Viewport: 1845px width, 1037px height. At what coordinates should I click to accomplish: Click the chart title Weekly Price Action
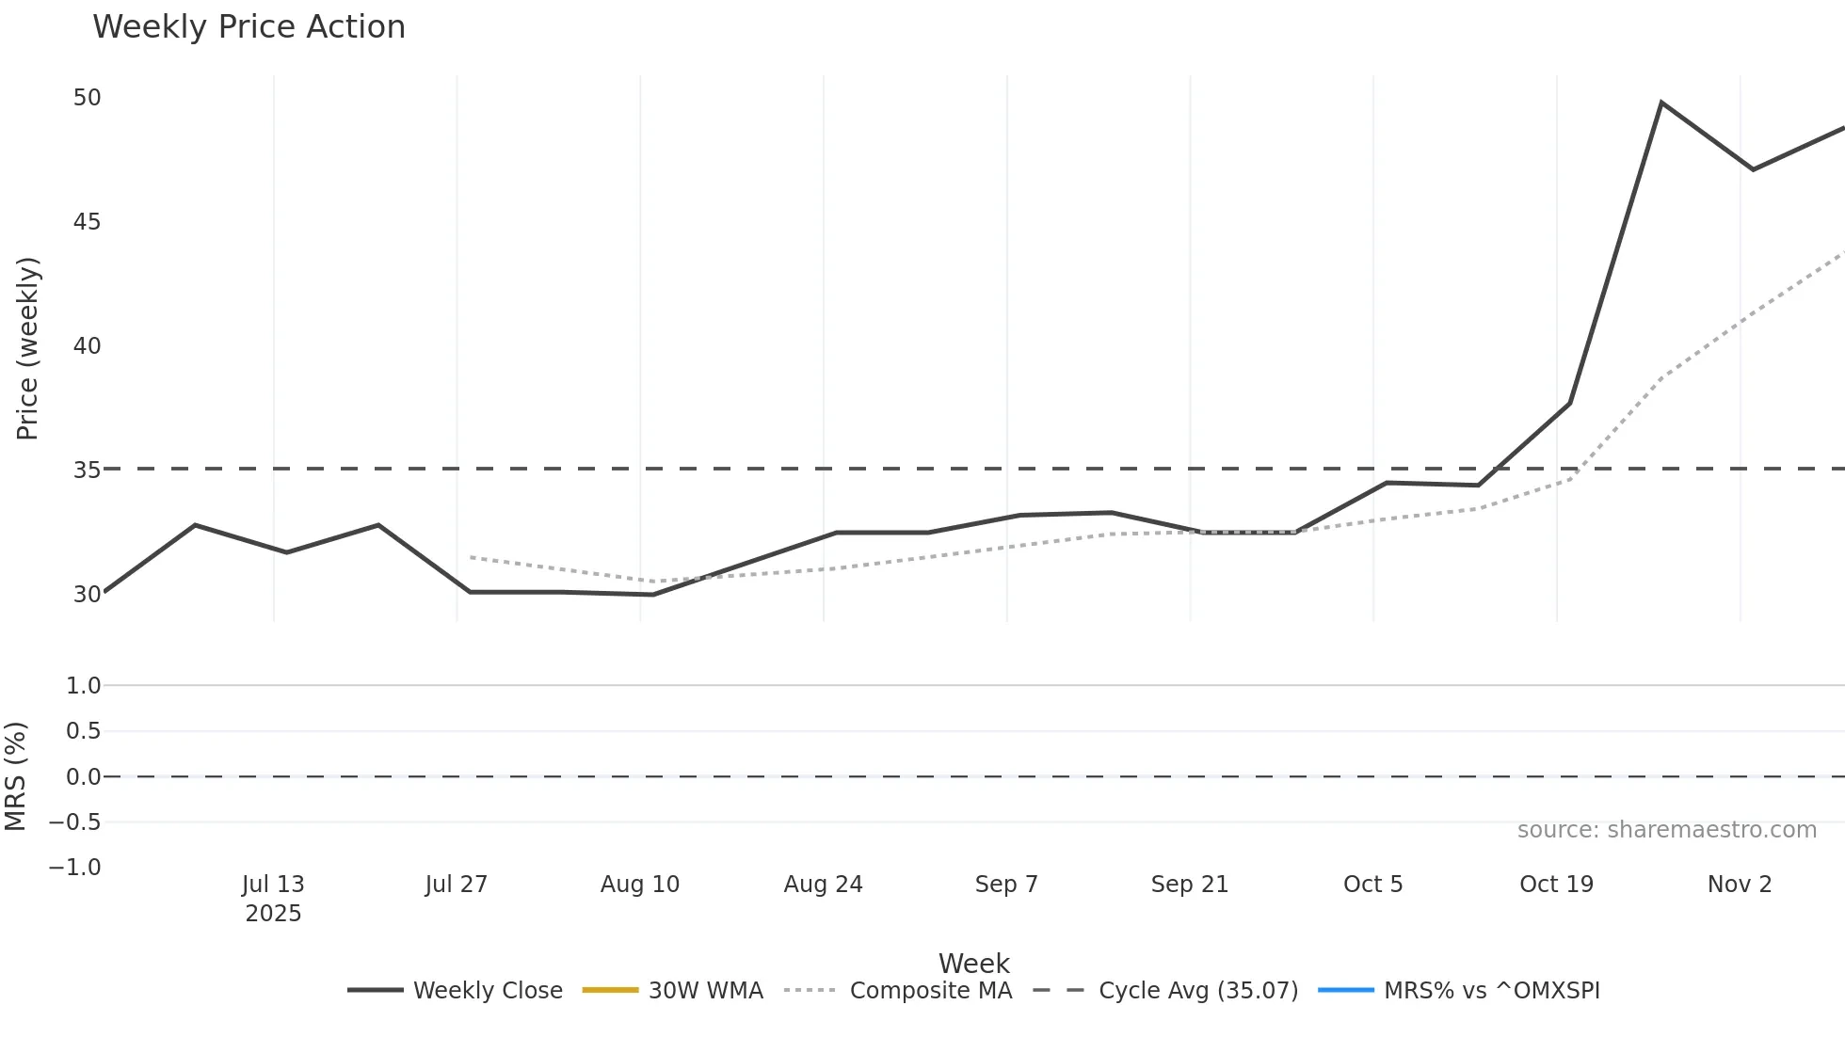coord(249,26)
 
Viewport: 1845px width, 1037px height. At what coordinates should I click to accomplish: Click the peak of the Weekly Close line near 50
coord(1661,103)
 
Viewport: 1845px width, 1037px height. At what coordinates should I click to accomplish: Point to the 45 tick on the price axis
coord(87,221)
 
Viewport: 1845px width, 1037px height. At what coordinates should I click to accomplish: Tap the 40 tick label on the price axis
coord(87,345)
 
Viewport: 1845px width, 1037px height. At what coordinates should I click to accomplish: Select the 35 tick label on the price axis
coord(87,470)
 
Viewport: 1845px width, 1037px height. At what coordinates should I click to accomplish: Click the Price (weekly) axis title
coord(27,348)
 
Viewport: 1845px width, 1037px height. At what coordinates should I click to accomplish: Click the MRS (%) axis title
coord(16,776)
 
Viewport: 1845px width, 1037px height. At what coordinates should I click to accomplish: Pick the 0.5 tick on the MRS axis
coord(83,731)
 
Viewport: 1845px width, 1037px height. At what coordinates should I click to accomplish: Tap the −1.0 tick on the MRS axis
coord(74,867)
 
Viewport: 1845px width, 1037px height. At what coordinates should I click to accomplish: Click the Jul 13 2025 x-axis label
coord(273,898)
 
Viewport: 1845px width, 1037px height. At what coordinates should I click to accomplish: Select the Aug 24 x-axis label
coord(823,884)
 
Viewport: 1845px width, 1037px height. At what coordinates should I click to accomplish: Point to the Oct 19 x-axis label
coord(1556,884)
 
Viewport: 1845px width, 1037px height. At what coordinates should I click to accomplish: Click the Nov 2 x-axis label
coord(1739,884)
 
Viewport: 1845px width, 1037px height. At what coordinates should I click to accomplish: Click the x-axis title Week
coord(973,963)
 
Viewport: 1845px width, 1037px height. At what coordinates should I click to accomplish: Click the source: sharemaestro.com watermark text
coord(1666,829)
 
